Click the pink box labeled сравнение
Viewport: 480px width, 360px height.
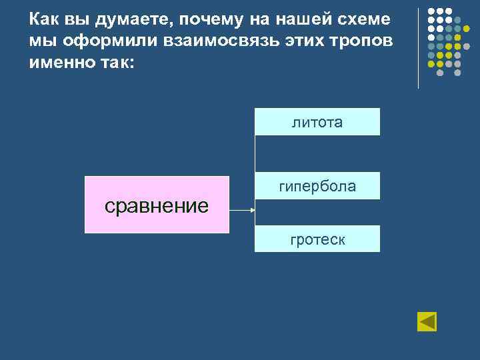(x=157, y=205)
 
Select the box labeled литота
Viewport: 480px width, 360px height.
(x=317, y=122)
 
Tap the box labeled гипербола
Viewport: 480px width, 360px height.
(x=317, y=186)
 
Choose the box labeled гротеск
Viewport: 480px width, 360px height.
(x=317, y=239)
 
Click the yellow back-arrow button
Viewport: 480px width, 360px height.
(x=427, y=321)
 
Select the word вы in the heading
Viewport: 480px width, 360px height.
(x=73, y=20)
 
